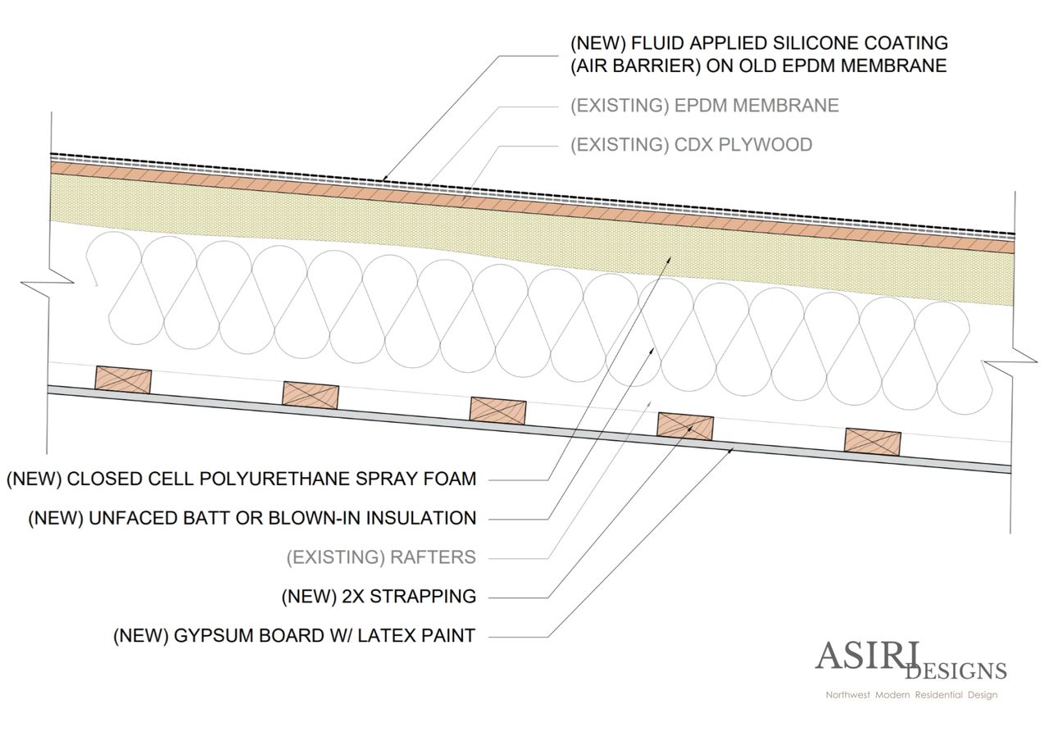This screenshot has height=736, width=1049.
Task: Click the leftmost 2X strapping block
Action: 123,379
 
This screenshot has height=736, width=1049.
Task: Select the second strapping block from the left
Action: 311,393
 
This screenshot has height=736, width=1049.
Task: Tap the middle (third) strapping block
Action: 497,409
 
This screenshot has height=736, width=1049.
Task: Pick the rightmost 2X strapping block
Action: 873,441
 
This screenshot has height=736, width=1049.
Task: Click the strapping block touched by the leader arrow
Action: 685,425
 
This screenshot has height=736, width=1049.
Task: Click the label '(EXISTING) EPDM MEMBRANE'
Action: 705,106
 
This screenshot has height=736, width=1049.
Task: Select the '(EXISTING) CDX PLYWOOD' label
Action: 691,145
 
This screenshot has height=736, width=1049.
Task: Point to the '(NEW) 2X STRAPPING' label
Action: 378,596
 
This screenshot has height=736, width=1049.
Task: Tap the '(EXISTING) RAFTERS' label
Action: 380,557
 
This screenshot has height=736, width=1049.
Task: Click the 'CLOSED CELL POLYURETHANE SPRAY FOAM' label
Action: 241,479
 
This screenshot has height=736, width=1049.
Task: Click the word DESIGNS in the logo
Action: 956,671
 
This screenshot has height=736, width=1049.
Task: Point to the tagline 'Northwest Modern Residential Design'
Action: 911,695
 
